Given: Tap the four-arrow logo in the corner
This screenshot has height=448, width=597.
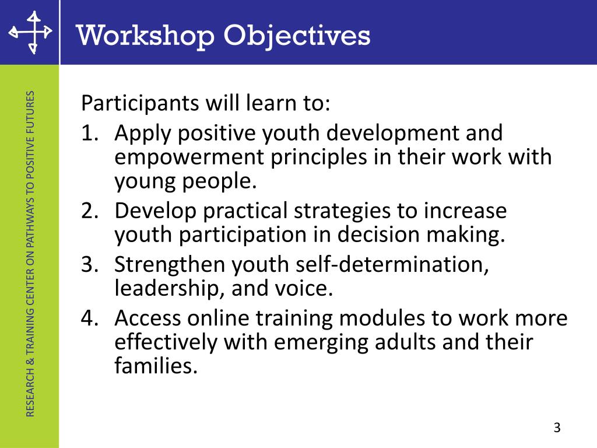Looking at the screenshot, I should (x=30, y=32).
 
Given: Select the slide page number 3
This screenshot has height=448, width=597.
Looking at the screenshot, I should (x=557, y=428).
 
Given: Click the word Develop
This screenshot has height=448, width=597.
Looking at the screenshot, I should (x=155, y=211).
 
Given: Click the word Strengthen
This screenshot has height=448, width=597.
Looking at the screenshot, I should (x=170, y=264).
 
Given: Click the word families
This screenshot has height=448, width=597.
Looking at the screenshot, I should (x=152, y=366).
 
